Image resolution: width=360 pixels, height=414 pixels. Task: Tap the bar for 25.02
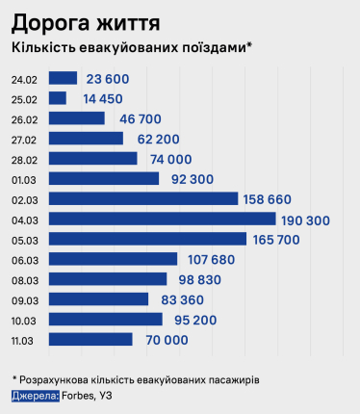click(57, 98)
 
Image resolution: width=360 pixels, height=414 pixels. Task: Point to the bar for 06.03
click(113, 259)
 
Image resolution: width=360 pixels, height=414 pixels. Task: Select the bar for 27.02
click(86, 139)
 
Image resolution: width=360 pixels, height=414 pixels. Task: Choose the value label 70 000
click(162, 340)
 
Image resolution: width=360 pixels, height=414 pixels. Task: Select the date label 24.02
click(24, 79)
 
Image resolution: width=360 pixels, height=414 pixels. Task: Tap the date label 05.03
click(24, 239)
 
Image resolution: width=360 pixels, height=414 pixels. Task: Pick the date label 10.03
click(24, 320)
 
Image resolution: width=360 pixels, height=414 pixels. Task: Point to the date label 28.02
click(24, 159)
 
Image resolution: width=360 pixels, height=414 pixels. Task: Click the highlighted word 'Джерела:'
click(35, 396)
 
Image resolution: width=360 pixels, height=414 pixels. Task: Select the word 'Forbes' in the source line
click(78, 396)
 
